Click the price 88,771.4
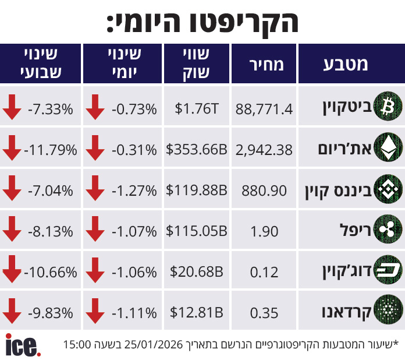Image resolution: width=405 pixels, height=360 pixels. (264, 109)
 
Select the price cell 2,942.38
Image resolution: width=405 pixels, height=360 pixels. (264, 150)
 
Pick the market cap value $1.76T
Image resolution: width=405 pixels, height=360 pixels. (197, 109)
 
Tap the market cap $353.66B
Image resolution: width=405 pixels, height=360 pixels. (197, 150)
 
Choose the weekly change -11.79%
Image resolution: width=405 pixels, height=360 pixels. (51, 150)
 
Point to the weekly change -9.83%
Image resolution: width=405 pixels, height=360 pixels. (51, 313)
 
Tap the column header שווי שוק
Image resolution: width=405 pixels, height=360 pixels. (197, 64)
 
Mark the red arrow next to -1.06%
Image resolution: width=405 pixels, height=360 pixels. (94, 271)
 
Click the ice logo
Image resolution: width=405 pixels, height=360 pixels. (23, 345)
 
